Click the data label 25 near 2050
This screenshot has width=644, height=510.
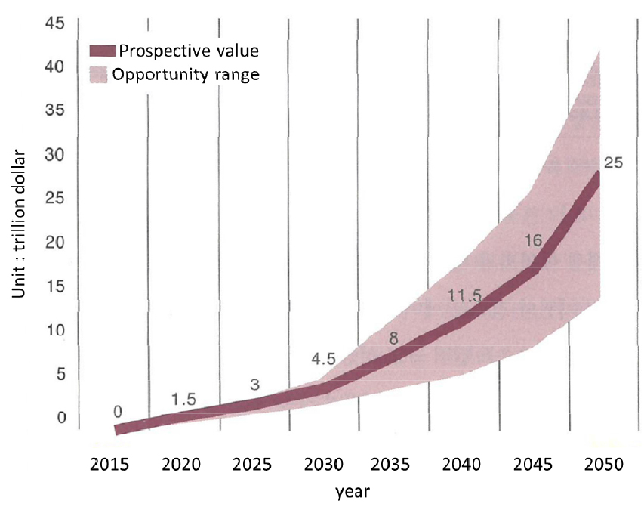click(x=613, y=162)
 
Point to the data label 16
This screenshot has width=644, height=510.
click(x=534, y=240)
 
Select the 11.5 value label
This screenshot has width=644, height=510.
click(x=464, y=295)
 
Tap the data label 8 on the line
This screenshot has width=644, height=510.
click(x=393, y=338)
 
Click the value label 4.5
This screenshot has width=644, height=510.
click(x=323, y=359)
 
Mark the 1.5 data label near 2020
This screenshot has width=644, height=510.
click(x=183, y=400)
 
